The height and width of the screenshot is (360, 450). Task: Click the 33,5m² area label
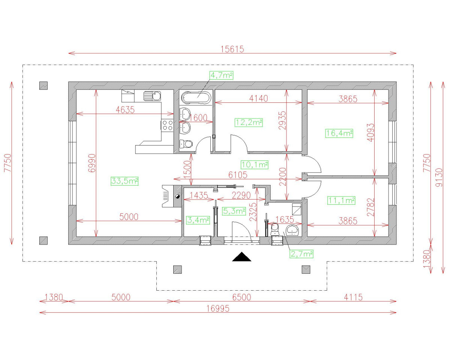coord(125,181)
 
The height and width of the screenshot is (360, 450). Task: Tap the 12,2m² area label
coord(249,122)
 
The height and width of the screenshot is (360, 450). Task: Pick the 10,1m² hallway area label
coord(255,164)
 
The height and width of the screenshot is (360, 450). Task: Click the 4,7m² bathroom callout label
coord(221,75)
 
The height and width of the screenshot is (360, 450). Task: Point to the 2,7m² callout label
coord(301,254)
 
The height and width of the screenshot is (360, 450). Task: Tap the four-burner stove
coord(167,125)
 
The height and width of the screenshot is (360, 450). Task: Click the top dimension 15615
coord(232,49)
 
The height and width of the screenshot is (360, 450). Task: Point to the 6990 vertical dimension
coord(92,163)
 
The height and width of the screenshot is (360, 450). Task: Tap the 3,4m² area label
coord(198,220)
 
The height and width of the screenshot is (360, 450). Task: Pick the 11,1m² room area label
coord(341,201)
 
